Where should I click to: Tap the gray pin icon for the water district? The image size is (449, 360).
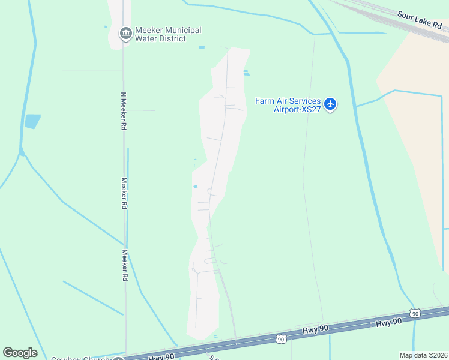point(126,33)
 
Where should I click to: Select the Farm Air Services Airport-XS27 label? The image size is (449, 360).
point(288,105)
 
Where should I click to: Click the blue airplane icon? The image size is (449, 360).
point(330,104)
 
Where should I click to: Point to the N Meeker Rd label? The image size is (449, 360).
point(124,112)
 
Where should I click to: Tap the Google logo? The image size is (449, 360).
point(20,353)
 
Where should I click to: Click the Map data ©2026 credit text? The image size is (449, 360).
point(423,355)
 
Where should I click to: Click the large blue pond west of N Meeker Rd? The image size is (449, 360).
point(32,121)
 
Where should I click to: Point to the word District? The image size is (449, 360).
point(172,39)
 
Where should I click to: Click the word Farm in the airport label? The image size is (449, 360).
point(265,101)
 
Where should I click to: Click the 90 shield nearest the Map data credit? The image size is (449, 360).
point(415,313)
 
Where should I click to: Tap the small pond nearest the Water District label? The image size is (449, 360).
point(201,47)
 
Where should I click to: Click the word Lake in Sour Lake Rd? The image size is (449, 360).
point(425,22)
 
